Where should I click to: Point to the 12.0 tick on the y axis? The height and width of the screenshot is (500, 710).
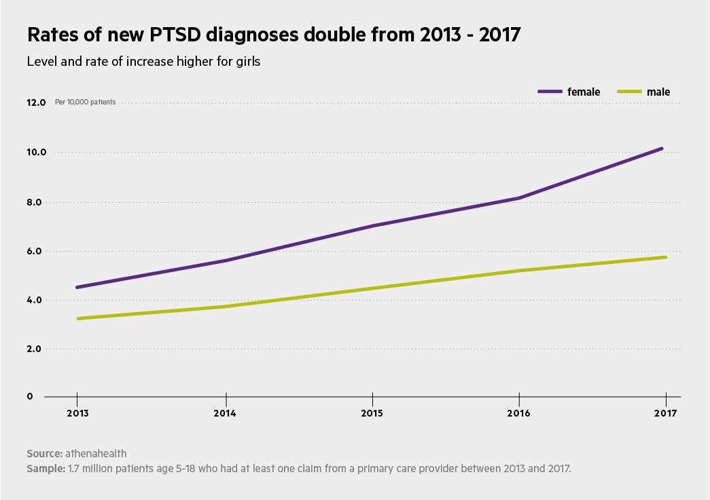tap(36, 102)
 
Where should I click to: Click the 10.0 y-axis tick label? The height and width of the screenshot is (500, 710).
tap(36, 152)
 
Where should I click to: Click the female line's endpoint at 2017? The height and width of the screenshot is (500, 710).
tap(662, 148)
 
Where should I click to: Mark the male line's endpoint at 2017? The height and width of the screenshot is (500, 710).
tap(666, 257)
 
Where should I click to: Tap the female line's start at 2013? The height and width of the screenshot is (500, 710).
tap(77, 287)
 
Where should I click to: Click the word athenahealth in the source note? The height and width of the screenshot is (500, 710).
tap(96, 453)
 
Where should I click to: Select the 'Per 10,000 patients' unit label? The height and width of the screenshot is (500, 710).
tap(85, 102)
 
